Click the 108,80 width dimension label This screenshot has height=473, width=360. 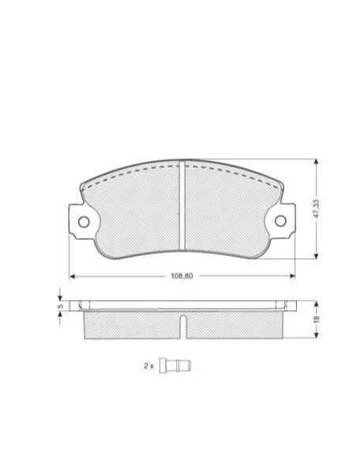pos(182,276)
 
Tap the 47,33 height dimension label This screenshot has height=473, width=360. pos(317,208)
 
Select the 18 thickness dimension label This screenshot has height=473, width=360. pos(317,320)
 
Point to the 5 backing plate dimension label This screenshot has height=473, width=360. pos(60,306)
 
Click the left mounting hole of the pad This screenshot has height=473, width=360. pos(84,222)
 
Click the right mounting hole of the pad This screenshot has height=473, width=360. pos(280,221)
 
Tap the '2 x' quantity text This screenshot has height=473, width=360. pos(148,366)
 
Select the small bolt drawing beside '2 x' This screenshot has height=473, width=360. pos(175,366)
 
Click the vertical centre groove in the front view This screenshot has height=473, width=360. pos(182,205)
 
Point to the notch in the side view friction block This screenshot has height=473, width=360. pos(183,327)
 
